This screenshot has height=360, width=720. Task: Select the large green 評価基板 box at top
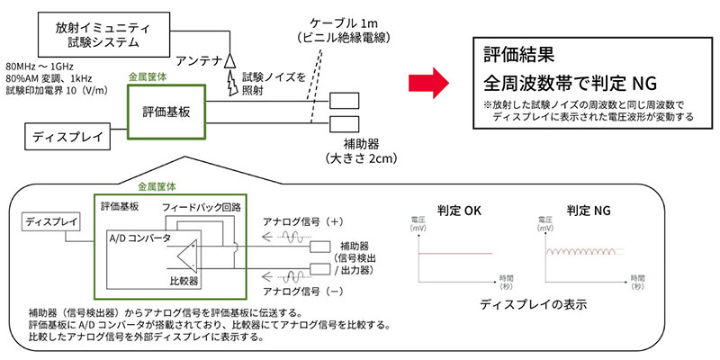(167, 112)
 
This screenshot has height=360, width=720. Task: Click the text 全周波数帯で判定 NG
(569, 84)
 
